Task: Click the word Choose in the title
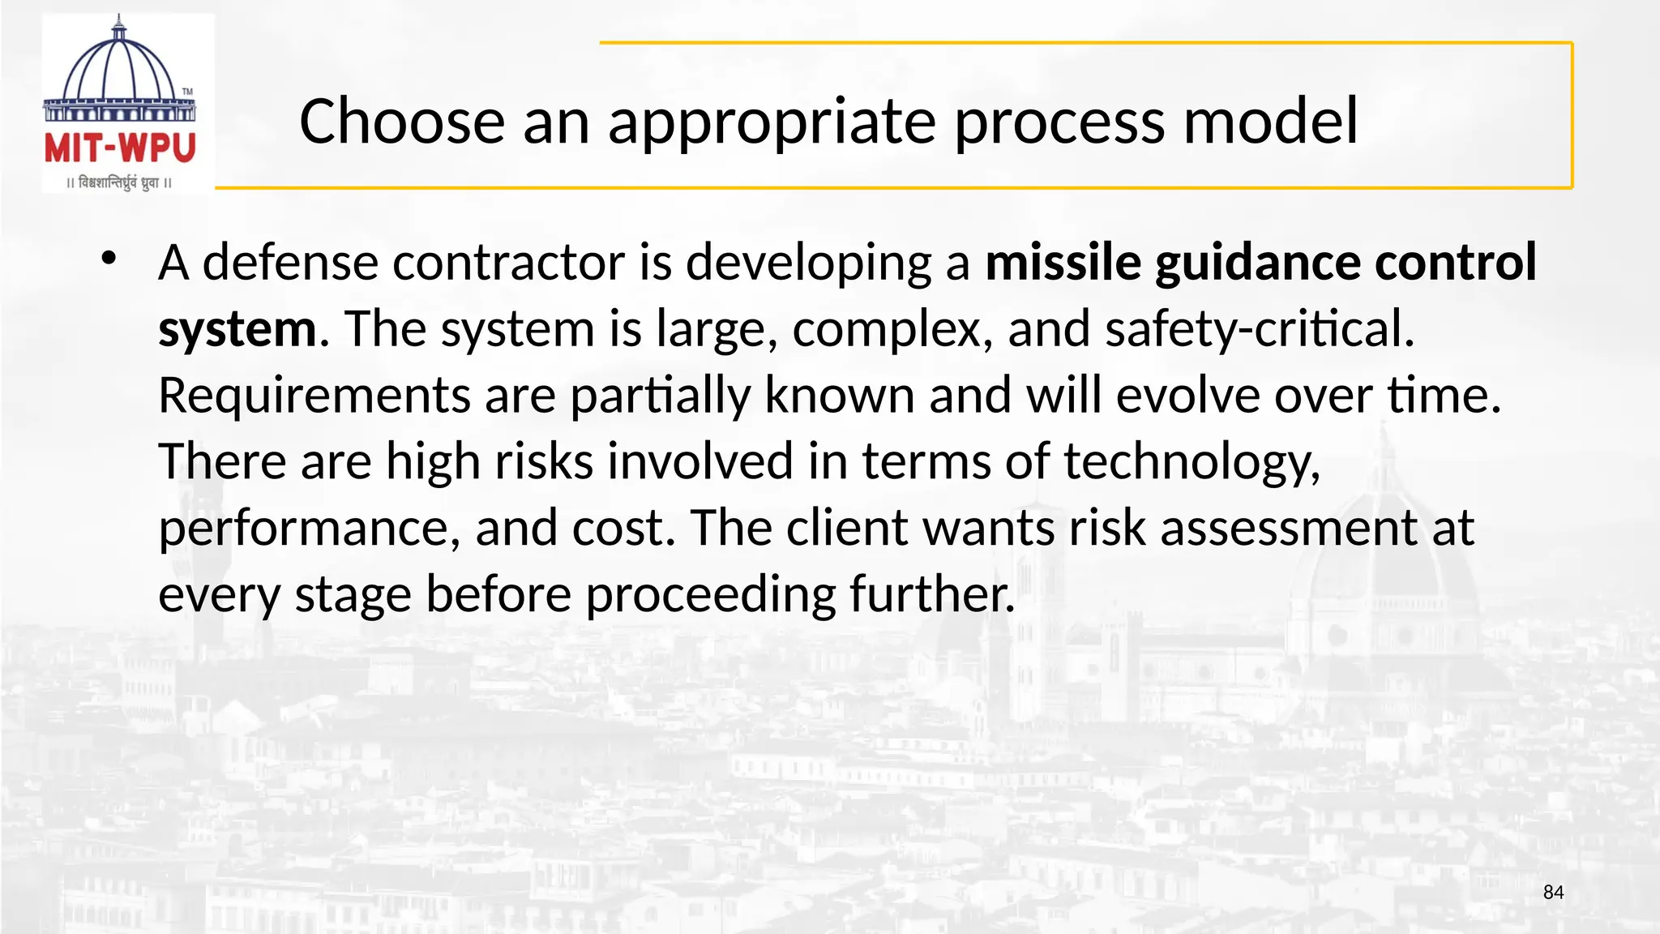[x=402, y=122]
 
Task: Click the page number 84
[x=1553, y=893]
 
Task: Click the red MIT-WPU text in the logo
[x=120, y=148]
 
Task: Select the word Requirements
[x=314, y=396]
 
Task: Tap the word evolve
[x=1187, y=396]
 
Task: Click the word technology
[x=1192, y=462]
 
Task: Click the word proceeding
[x=711, y=595]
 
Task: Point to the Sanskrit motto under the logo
[x=120, y=183]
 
